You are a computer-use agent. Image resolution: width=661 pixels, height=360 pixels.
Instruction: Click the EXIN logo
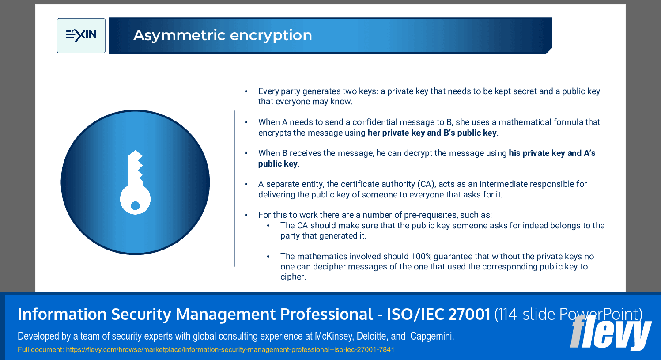(81, 35)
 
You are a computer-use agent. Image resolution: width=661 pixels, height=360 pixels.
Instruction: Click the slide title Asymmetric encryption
(223, 35)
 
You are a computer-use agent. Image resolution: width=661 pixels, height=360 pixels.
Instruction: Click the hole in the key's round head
(136, 205)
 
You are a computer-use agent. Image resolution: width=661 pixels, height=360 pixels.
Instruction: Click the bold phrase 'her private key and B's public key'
(432, 133)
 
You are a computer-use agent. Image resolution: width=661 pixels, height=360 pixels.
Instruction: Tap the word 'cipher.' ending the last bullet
(293, 277)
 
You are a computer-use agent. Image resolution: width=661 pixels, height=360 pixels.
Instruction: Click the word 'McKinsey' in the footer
(333, 336)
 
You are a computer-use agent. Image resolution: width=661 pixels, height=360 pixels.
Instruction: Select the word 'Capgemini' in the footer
(431, 336)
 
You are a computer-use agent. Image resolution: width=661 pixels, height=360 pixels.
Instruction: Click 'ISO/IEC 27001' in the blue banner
(438, 314)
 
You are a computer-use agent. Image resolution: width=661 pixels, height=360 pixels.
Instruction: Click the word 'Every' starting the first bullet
(268, 91)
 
